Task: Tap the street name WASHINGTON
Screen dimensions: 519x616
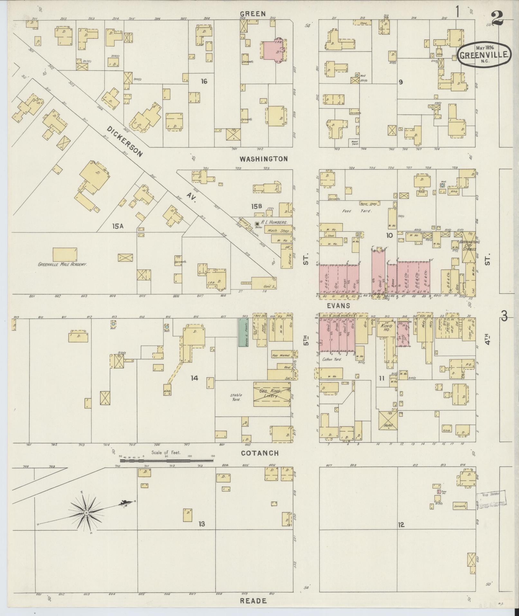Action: [x=264, y=159]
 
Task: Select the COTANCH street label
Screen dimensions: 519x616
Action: [x=260, y=453]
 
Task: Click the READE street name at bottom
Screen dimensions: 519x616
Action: [x=253, y=601]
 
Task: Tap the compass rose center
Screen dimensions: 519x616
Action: [x=86, y=512]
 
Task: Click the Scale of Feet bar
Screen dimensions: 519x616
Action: [x=166, y=461]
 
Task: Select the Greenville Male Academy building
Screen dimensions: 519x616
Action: [x=65, y=254]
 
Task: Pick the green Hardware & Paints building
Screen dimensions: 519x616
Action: [x=243, y=332]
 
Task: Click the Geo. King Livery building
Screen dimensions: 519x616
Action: [x=271, y=394]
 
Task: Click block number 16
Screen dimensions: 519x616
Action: [x=204, y=81]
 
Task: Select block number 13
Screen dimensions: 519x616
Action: [x=201, y=524]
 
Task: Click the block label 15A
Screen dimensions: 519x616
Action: [x=118, y=226]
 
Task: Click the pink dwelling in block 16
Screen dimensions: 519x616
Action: [x=273, y=50]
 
